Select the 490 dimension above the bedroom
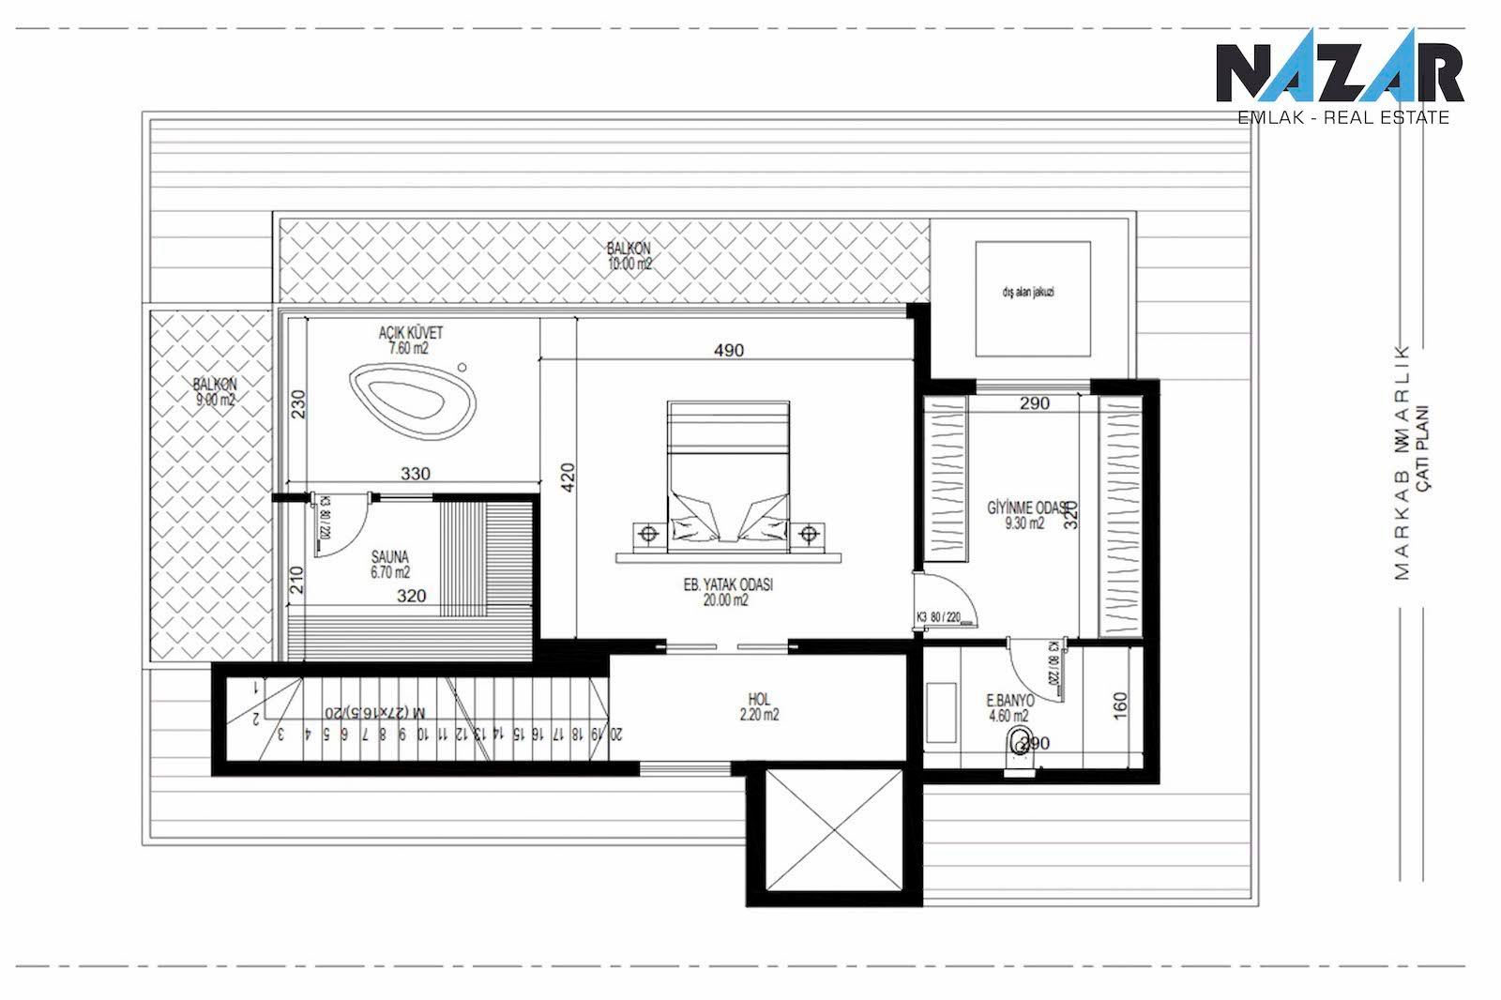point(728,351)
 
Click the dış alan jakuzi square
point(1033,297)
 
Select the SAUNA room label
point(390,563)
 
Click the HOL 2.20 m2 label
point(759,706)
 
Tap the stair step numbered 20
point(616,734)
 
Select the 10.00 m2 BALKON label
point(629,256)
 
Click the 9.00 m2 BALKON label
point(215,391)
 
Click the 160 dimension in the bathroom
point(1120,705)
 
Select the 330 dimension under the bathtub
point(415,474)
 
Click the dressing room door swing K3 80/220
point(948,600)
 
